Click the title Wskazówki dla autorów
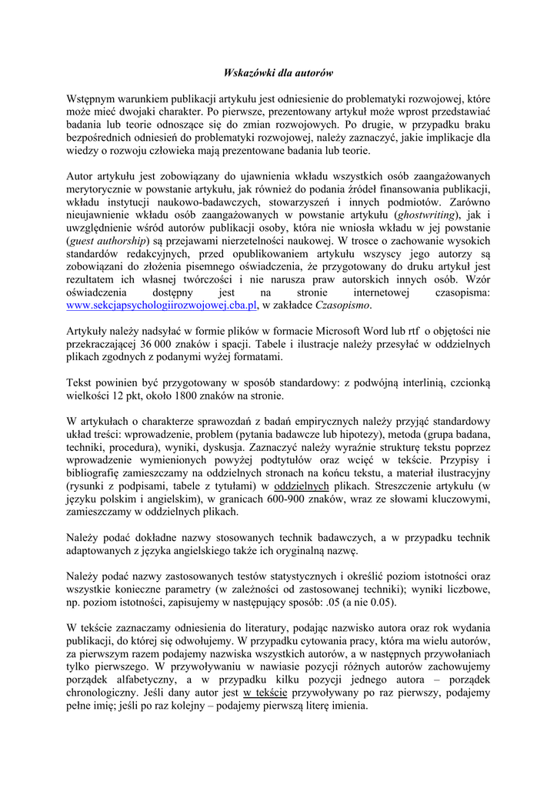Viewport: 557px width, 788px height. coord(278,73)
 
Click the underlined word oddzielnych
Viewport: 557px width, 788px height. coord(302,486)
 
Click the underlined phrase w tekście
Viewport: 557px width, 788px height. coord(265,693)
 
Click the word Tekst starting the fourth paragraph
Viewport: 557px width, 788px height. coord(81,383)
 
